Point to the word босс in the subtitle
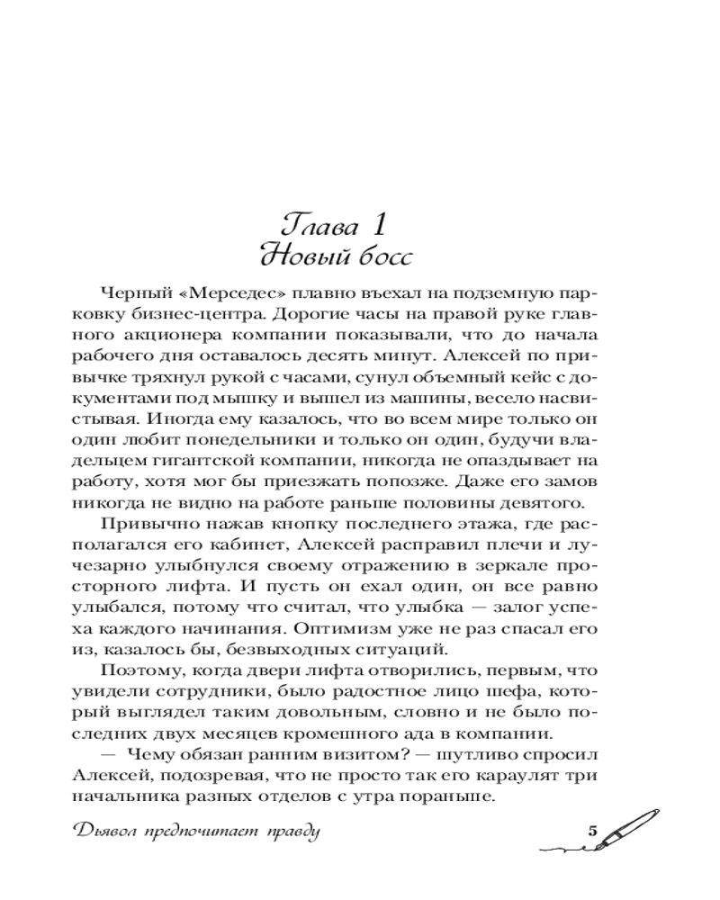pos(382,256)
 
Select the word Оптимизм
pos(346,624)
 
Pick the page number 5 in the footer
pos(593,830)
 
